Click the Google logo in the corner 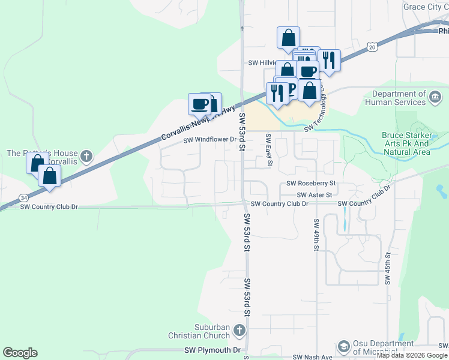click(20, 353)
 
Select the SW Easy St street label click(270, 151)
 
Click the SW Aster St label click(314, 194)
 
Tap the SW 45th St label click(388, 268)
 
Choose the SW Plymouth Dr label click(212, 350)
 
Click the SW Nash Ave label click(312, 357)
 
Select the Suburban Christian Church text click(203, 331)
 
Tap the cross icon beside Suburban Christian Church click(239, 331)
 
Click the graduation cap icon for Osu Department click(343, 347)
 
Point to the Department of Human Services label click(399, 98)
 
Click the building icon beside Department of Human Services click(436, 97)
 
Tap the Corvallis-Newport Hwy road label click(198, 124)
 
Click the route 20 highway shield click(373, 46)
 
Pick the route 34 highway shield click(23, 197)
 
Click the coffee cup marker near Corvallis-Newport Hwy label click(200, 104)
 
